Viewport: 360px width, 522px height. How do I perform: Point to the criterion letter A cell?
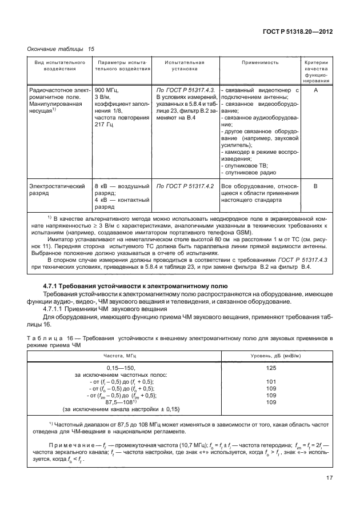click(317, 90)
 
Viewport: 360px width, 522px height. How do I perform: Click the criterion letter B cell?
click(317, 186)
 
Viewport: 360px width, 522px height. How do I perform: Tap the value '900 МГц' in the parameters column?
click(107, 90)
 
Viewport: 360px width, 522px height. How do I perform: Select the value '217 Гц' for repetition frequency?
click(106, 123)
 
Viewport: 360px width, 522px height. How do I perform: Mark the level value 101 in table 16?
click(271, 381)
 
